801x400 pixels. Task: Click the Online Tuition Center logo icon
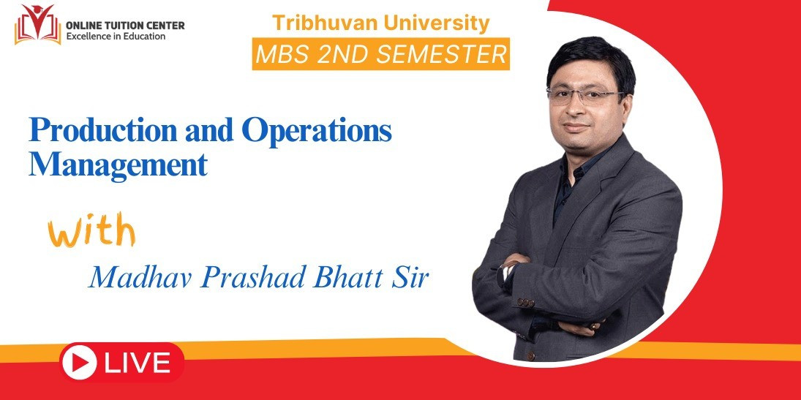click(37, 25)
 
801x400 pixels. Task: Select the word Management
click(118, 165)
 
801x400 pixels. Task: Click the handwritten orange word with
click(92, 232)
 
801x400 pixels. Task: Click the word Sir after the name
click(405, 278)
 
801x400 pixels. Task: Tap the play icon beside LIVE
click(79, 363)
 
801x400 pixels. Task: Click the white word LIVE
click(138, 363)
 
